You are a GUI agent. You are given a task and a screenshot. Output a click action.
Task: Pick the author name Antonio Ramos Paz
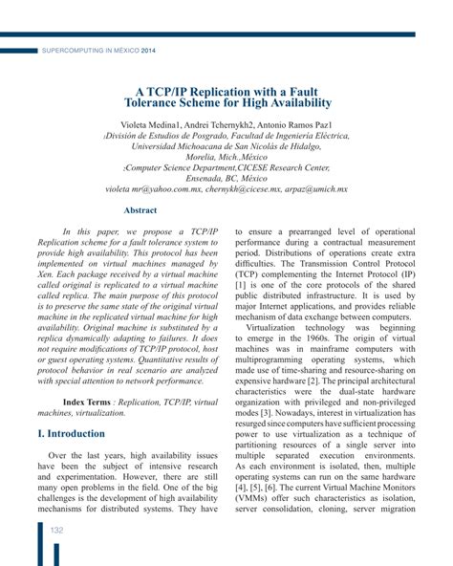click(x=313, y=124)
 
